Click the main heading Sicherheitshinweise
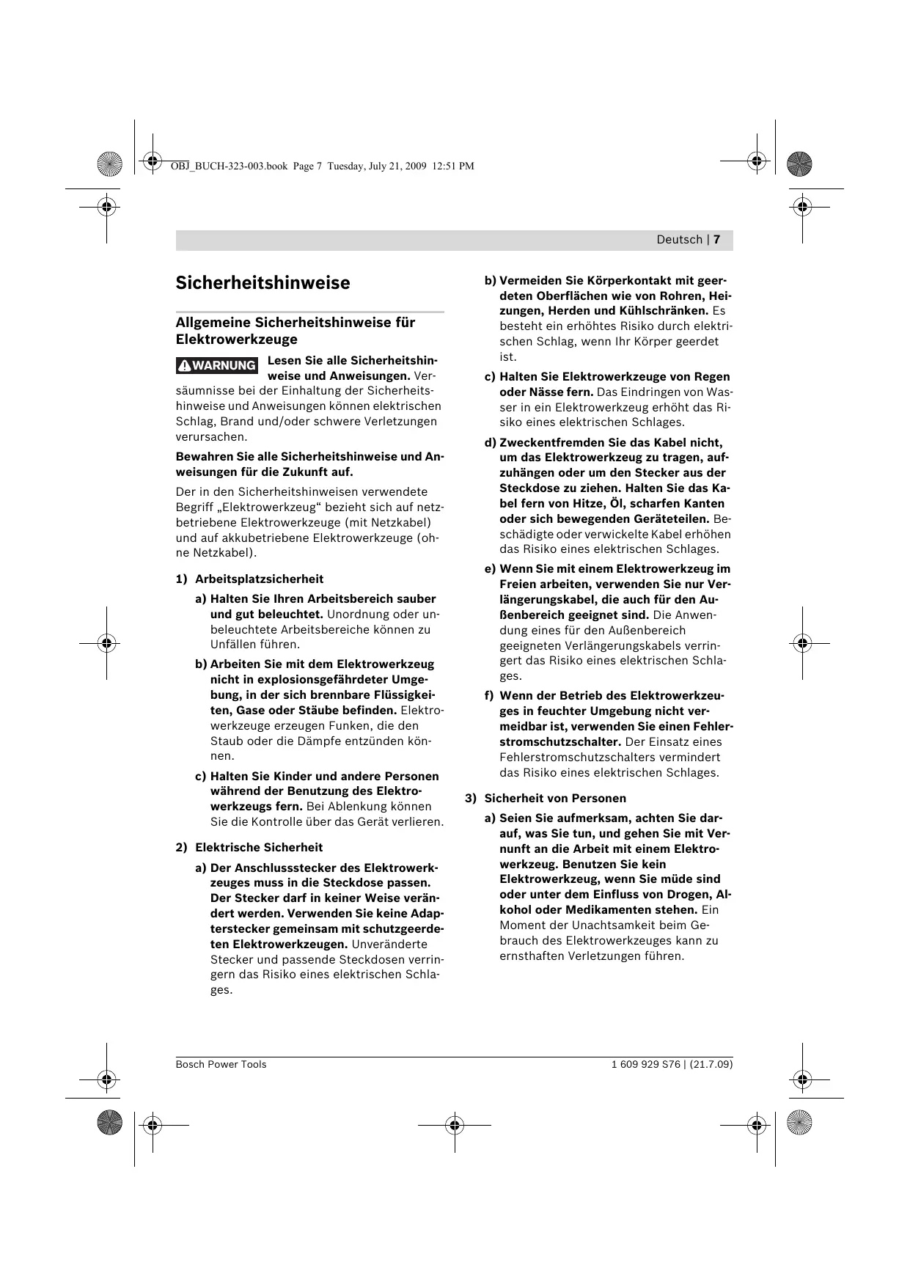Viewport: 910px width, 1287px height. pos(263,283)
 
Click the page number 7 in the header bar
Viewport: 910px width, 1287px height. pos(717,240)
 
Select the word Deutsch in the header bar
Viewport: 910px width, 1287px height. pos(679,240)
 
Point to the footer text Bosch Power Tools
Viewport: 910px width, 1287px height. pos(221,1064)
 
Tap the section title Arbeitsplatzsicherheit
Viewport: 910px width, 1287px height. pos(259,579)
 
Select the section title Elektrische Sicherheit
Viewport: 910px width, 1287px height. pos(258,848)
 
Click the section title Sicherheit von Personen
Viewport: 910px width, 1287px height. pos(555,798)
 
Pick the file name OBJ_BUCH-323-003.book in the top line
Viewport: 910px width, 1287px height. pos(228,166)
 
